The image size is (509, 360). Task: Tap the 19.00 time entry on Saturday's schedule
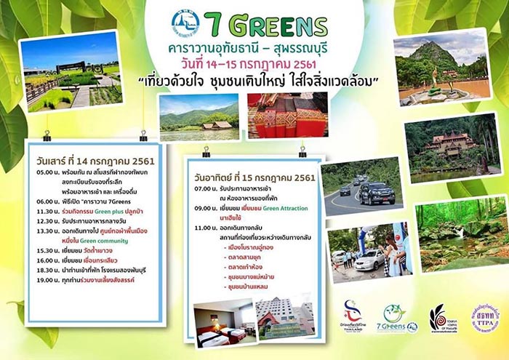(x=46, y=279)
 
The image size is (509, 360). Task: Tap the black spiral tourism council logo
(x=439, y=319)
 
